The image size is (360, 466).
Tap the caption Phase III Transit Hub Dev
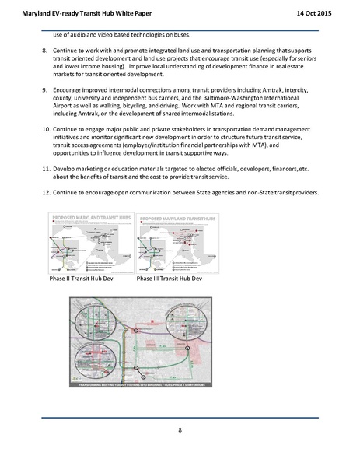click(169, 279)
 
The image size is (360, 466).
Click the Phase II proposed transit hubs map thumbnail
click(88, 242)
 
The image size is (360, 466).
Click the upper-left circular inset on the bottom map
click(96, 310)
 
